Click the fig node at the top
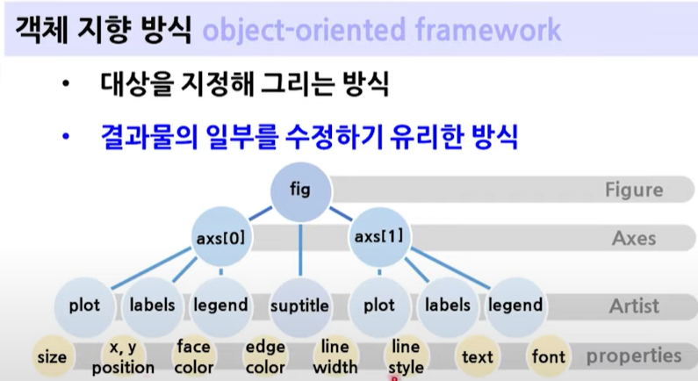coord(300,189)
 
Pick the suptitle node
coord(300,306)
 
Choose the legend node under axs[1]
coord(515,306)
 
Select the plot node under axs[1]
coord(378,306)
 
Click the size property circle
coord(52,357)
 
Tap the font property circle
coord(549,357)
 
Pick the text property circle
coord(478,357)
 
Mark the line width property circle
coord(335,357)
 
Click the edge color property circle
coord(265,357)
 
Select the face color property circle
coord(193,357)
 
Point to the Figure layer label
coord(634,190)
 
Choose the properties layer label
coord(634,356)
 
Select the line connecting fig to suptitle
coord(300,250)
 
